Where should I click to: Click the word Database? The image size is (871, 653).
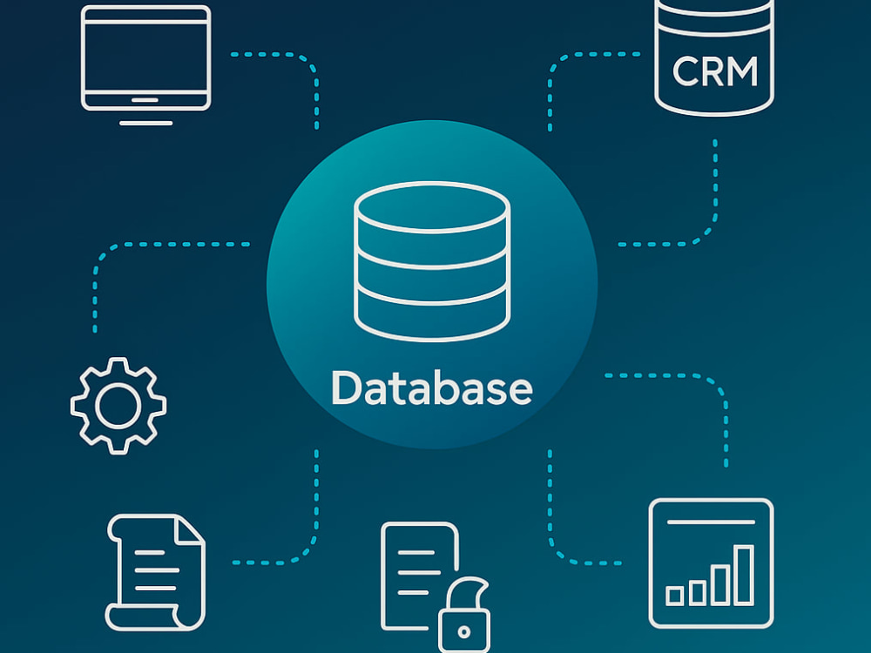432,387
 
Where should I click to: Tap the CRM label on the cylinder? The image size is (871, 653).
715,71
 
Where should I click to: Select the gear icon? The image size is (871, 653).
118,406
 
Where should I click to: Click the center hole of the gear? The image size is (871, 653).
118,406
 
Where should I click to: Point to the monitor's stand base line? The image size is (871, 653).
145,123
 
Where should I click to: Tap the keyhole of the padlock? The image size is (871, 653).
464,631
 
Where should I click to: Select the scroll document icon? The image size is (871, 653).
156,573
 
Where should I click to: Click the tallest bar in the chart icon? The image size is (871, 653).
744,576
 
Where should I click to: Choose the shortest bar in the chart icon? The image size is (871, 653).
675,596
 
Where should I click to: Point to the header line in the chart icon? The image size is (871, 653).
711,522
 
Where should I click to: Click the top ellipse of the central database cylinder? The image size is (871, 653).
432,206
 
